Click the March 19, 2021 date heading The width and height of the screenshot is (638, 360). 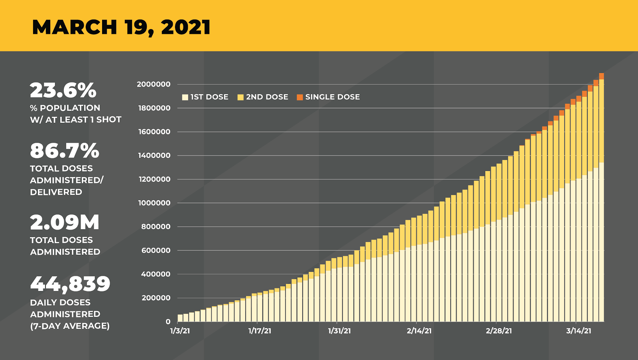tap(121, 27)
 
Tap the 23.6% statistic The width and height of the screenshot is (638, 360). tap(63, 90)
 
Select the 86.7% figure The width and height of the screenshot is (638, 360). tap(65, 151)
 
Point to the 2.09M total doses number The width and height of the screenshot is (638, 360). tap(65, 222)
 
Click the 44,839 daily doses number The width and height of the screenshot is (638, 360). tap(70, 283)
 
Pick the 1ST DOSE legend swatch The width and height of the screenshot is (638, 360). tap(185, 97)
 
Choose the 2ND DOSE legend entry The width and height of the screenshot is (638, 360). tap(263, 97)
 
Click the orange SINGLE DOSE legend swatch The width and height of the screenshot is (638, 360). tap(300, 97)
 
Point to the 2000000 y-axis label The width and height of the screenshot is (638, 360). tap(154, 84)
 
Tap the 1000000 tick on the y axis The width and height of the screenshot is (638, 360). tap(154, 203)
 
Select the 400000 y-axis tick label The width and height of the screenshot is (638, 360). tap(156, 274)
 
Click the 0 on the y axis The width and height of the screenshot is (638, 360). tap(168, 322)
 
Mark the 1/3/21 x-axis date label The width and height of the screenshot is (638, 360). tap(180, 331)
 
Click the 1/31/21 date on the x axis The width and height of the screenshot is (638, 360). tap(339, 331)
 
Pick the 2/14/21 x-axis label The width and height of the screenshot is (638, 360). tap(419, 331)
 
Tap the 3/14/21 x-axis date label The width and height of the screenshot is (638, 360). tap(579, 331)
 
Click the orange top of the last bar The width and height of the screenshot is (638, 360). tap(601, 76)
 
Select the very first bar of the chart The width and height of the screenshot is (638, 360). tap(180, 318)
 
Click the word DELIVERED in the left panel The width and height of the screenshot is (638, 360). tap(56, 192)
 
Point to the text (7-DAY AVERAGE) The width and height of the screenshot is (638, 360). tap(70, 326)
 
